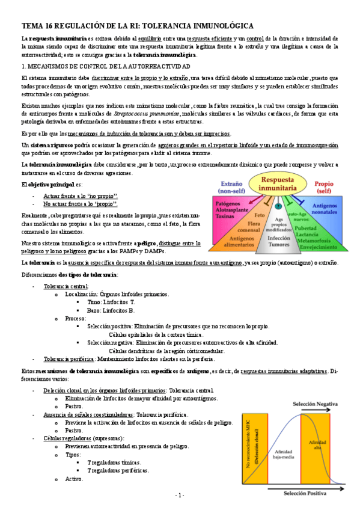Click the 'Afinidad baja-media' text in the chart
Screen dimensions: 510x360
point(284,453)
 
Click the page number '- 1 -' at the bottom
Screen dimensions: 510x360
point(180,495)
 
